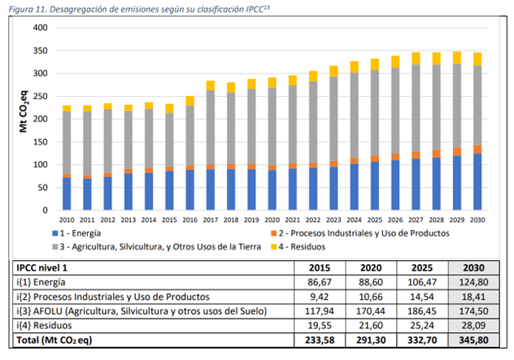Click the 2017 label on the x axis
click(211, 220)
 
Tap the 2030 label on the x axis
click(477, 220)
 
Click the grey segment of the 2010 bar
click(67, 142)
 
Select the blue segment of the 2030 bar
click(477, 181)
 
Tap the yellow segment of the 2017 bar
click(211, 85)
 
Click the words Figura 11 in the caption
click(25, 7)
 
